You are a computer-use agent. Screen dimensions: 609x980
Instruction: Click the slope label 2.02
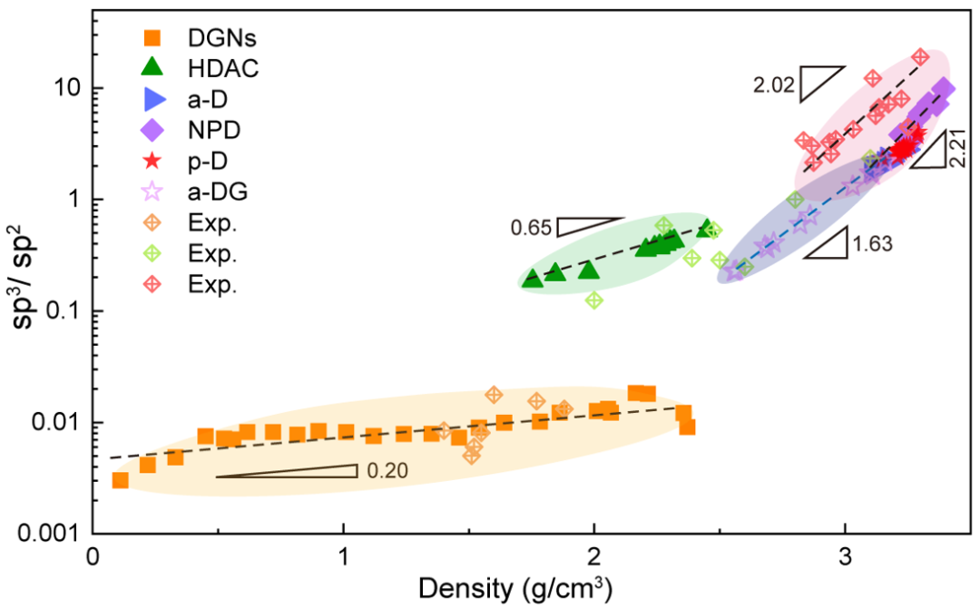coord(774,86)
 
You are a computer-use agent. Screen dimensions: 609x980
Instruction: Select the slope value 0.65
coord(531,229)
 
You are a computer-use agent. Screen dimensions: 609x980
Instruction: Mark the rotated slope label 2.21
coord(958,149)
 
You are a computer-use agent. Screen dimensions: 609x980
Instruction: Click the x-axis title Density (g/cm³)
coord(514,587)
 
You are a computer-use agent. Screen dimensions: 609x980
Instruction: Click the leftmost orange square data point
coord(120,480)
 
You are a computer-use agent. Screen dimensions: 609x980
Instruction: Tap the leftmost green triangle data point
coord(533,279)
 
